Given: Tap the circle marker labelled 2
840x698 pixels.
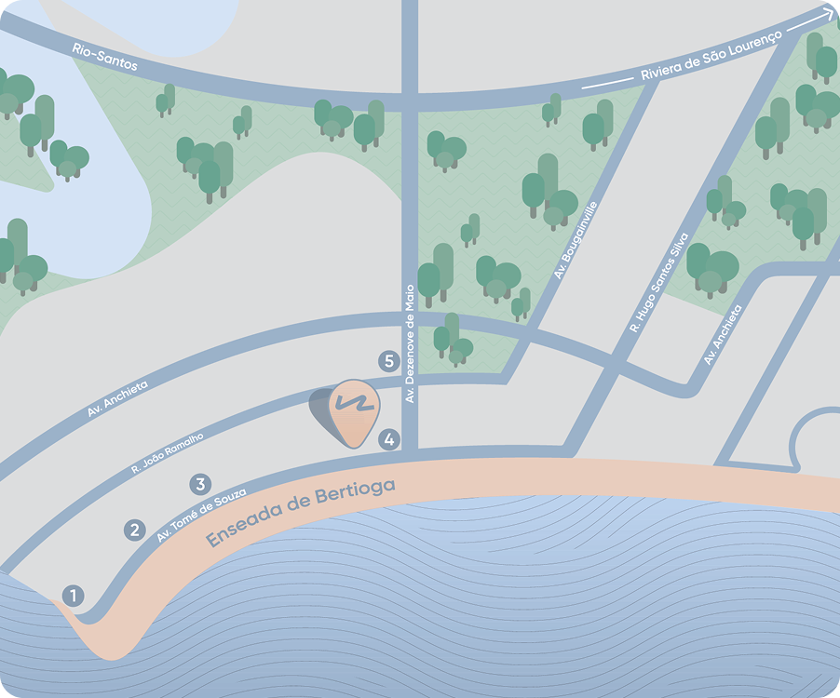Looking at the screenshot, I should click(x=135, y=530).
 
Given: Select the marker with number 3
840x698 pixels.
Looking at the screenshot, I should click(x=199, y=484).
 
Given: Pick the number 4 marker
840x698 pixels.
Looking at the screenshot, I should click(x=389, y=439).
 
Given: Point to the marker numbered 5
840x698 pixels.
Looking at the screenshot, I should click(x=389, y=361).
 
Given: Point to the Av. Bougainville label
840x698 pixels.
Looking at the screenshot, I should click(x=575, y=241).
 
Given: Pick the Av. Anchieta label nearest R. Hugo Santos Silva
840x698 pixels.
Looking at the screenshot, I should click(x=724, y=334).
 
